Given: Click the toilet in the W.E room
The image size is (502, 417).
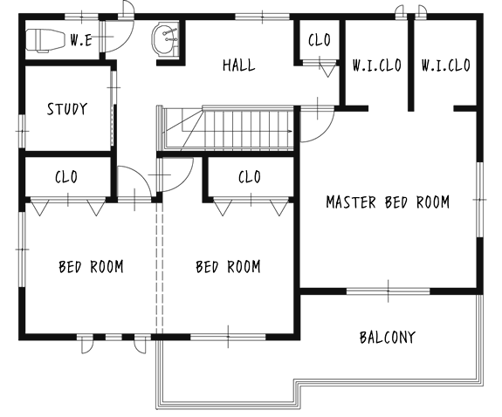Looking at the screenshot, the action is [x=44, y=40].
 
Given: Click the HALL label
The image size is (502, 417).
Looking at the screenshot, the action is [x=239, y=65].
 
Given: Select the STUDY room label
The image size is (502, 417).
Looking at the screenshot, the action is [x=67, y=109].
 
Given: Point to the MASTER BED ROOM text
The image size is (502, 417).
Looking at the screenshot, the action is [x=388, y=202].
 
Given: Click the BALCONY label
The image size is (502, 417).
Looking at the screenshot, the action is [x=388, y=337].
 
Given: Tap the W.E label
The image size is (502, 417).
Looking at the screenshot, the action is [x=80, y=40].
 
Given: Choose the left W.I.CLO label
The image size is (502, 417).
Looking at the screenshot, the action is [x=377, y=65].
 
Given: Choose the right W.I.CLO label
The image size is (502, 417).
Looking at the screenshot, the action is [x=445, y=65].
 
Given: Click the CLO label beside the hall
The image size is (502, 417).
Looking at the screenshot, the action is [x=320, y=40].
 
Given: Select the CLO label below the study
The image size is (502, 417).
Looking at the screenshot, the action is [x=66, y=177].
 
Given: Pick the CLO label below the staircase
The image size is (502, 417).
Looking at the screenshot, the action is [x=250, y=177].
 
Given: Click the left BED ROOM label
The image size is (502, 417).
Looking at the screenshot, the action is [x=91, y=267].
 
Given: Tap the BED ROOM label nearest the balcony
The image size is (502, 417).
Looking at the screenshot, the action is [x=228, y=267].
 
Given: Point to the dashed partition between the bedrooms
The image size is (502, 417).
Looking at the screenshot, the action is [x=160, y=268].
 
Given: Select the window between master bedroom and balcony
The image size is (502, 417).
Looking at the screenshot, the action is [x=388, y=291].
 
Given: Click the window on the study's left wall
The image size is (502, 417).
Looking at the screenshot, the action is [x=22, y=131].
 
